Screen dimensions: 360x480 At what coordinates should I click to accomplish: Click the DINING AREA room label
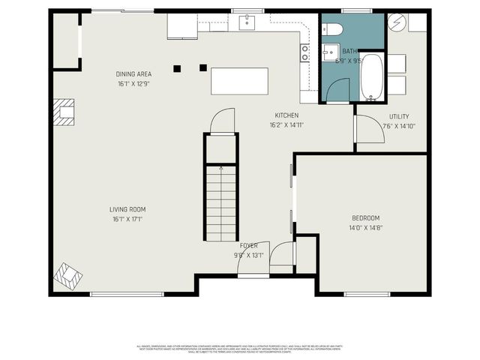(x=134, y=73)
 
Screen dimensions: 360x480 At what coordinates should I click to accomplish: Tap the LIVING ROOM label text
(x=127, y=209)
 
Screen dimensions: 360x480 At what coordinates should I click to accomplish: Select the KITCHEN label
(x=286, y=115)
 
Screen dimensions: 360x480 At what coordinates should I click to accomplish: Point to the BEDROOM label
(x=366, y=217)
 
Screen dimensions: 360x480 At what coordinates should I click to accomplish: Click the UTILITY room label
(x=399, y=116)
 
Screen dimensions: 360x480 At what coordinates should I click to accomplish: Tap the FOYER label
(x=248, y=246)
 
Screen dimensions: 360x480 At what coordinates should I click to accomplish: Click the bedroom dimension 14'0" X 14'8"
(x=366, y=227)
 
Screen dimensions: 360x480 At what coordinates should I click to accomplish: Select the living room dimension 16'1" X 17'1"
(x=127, y=219)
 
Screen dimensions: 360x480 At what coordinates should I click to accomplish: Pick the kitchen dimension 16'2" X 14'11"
(x=286, y=125)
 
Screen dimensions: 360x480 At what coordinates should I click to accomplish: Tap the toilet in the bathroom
(x=334, y=29)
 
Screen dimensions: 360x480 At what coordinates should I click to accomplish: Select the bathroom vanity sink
(x=328, y=52)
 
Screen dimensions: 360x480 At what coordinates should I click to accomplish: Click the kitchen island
(x=239, y=81)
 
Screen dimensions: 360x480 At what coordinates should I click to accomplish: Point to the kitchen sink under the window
(x=248, y=22)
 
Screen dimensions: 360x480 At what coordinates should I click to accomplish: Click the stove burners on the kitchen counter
(x=304, y=52)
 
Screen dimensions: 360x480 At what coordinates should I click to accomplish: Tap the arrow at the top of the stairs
(x=221, y=169)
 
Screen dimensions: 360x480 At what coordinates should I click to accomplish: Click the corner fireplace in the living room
(x=67, y=274)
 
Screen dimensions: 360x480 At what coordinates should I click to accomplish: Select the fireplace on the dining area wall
(x=64, y=112)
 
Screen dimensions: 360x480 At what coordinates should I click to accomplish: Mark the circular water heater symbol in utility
(x=395, y=22)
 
